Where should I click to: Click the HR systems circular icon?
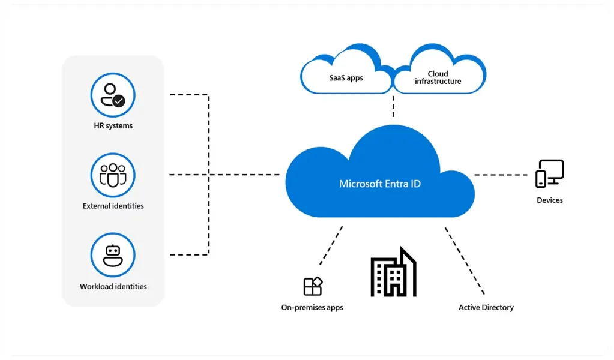(x=113, y=95)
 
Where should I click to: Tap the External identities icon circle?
(x=113, y=175)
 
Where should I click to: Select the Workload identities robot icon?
(x=113, y=255)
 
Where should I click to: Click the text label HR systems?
(x=113, y=126)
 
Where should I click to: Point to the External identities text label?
(x=113, y=206)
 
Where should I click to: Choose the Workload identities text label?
(x=113, y=287)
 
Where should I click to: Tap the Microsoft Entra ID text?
(x=380, y=184)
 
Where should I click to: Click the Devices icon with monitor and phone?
(x=550, y=174)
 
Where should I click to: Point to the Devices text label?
(x=550, y=200)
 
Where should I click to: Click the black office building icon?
(x=393, y=273)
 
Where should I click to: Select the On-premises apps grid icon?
(x=313, y=286)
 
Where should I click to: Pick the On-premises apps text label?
(x=312, y=308)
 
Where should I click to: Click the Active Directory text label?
(x=486, y=308)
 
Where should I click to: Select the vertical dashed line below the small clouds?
(x=393, y=109)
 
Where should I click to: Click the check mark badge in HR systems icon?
(x=119, y=101)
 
